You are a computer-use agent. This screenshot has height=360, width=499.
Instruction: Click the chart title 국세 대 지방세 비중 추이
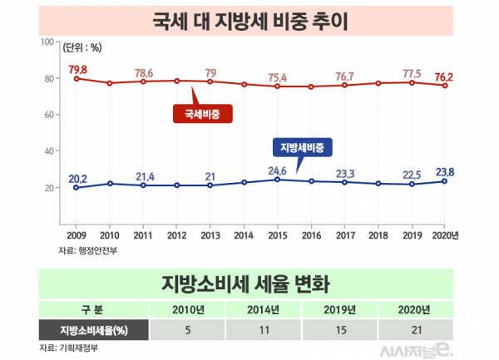pos(249,18)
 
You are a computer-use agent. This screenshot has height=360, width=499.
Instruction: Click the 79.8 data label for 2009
pos(77,68)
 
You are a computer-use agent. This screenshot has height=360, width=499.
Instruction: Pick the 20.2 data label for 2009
pos(77,178)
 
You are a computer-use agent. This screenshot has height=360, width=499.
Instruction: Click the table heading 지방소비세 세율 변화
pos(249,284)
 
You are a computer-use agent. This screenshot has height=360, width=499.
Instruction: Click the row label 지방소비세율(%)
pos(94,329)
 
